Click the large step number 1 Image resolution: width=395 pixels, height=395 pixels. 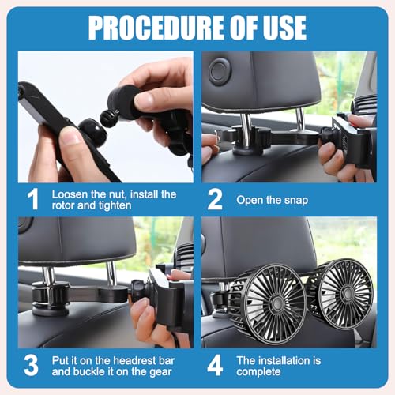click(32, 198)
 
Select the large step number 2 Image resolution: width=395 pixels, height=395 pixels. click(214, 198)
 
